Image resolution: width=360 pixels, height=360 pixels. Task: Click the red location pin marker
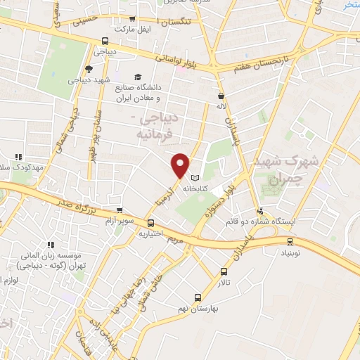click(181, 165)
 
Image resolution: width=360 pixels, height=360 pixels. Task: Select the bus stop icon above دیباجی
click(105, 41)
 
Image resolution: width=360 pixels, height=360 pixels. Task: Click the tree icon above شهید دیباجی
click(88, 68)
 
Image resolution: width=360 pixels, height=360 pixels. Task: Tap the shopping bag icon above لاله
click(221, 96)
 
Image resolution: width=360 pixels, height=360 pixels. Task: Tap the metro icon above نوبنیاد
click(290, 240)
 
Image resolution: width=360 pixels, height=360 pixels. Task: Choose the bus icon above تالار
click(224, 271)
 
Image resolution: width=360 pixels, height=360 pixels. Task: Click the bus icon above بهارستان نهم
click(198, 297)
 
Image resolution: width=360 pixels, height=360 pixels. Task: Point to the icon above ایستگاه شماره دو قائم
click(260, 210)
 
